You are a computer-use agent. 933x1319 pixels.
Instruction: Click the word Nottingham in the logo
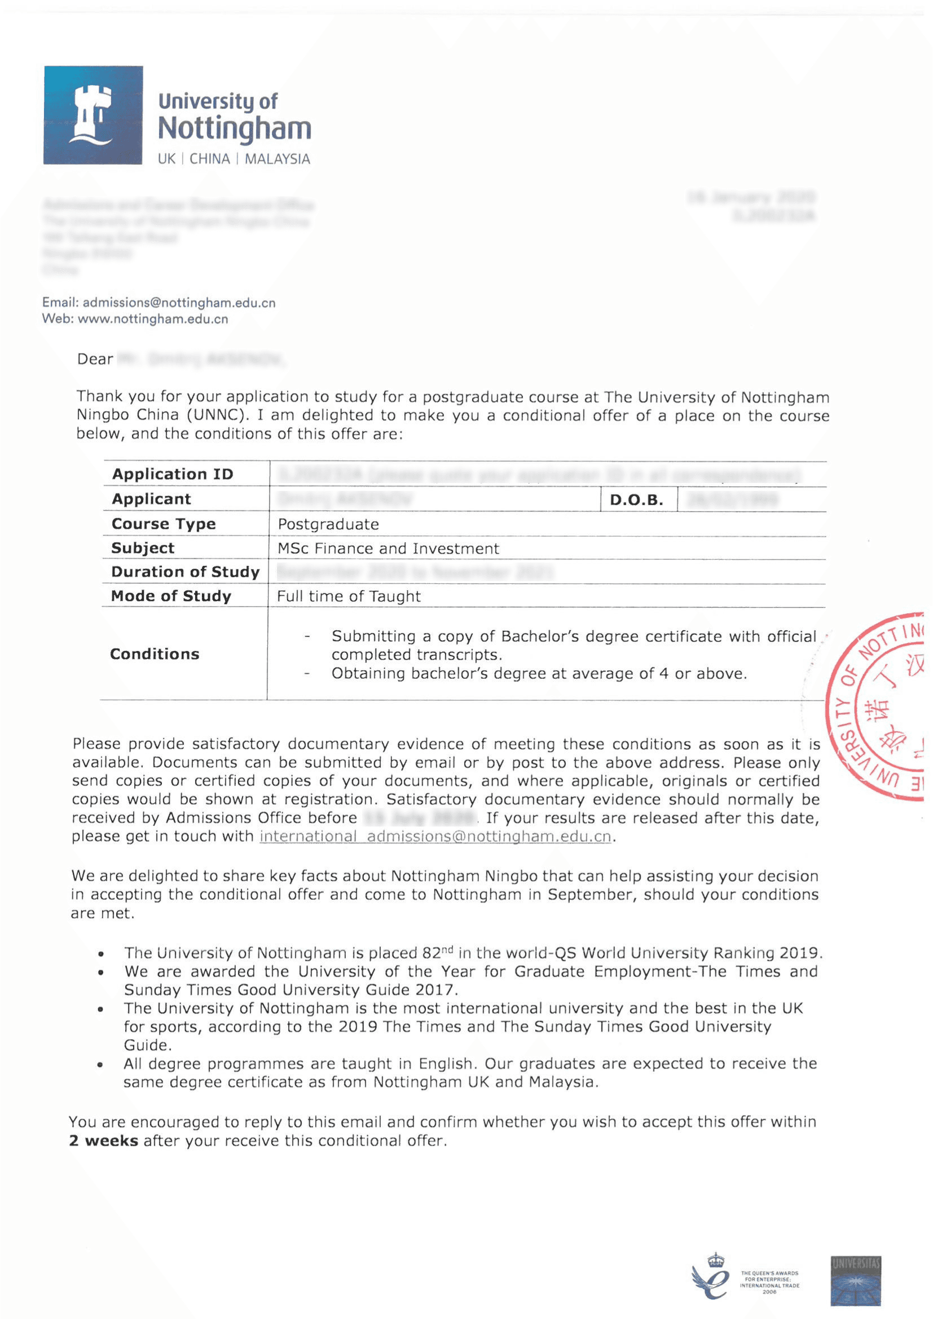pyautogui.click(x=235, y=129)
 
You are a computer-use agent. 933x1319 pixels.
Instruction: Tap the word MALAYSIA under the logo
pyautogui.click(x=278, y=159)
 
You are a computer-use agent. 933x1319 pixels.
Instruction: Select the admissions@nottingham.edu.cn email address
pyautogui.click(x=179, y=303)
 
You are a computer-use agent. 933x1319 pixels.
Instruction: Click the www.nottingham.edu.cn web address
pyautogui.click(x=153, y=319)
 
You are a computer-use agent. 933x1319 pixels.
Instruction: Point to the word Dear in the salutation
pyautogui.click(x=95, y=359)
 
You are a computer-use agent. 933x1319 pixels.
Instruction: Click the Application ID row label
pyautogui.click(x=173, y=474)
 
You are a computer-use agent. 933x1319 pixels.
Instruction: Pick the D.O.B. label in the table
pyautogui.click(x=636, y=500)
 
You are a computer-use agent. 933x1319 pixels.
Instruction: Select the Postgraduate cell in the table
pyautogui.click(x=328, y=524)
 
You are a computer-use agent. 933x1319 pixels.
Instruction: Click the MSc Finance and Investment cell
pyautogui.click(x=388, y=548)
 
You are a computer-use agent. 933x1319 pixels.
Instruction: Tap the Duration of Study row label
pyautogui.click(x=185, y=572)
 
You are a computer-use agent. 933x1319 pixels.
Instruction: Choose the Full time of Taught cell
pyautogui.click(x=349, y=596)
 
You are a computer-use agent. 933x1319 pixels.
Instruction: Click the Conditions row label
pyautogui.click(x=155, y=654)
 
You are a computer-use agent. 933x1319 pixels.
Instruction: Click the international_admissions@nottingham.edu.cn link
pyautogui.click(x=435, y=837)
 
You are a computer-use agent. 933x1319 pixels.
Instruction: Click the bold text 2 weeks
pyautogui.click(x=103, y=1140)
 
